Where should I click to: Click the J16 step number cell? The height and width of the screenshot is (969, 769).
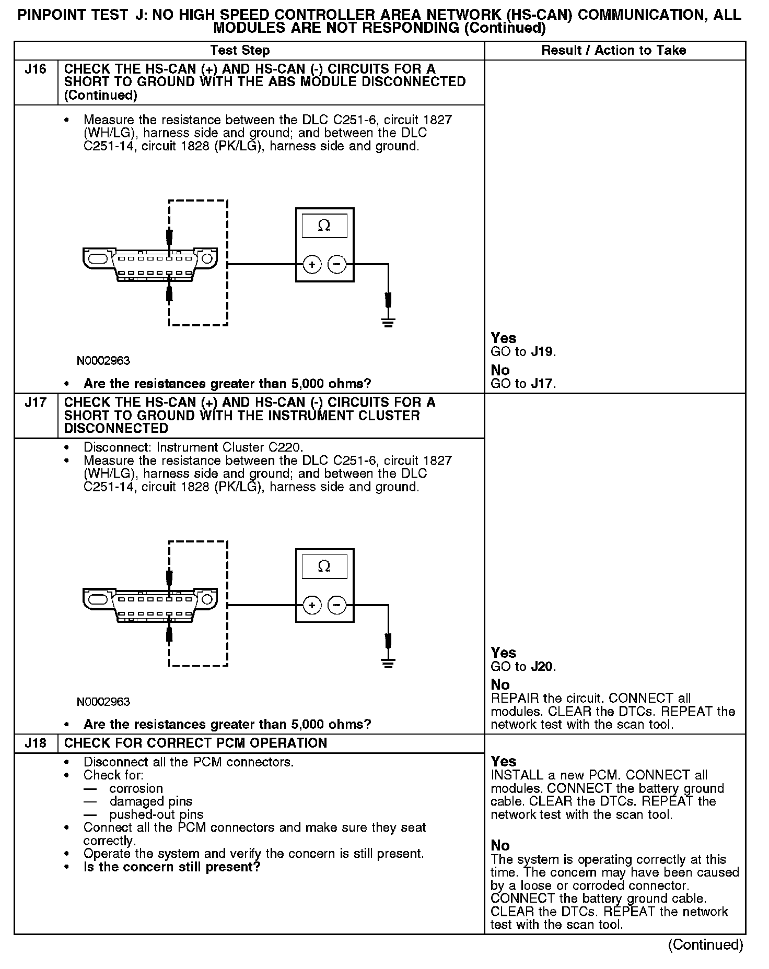coord(36,69)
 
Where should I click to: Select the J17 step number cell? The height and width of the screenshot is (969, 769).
coord(36,403)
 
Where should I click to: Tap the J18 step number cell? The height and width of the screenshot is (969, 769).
coord(36,743)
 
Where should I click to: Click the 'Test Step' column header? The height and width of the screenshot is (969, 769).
coord(240,51)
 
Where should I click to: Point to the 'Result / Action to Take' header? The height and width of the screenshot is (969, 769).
coord(613,51)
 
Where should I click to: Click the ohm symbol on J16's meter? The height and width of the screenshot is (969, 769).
coord(324,226)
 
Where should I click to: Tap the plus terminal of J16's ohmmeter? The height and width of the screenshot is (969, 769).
coord(312,265)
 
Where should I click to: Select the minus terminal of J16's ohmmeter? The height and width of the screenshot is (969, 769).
coord(337,265)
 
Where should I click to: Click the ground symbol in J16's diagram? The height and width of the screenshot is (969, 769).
coord(388,322)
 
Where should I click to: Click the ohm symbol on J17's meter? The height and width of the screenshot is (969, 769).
coord(324,566)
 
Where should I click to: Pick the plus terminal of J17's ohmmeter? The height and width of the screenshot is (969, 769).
coord(312,606)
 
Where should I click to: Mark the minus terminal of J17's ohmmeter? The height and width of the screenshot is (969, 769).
coord(337,606)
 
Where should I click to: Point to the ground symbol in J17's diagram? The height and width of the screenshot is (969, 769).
coord(388,663)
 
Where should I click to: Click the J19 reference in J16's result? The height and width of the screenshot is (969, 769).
coord(542,352)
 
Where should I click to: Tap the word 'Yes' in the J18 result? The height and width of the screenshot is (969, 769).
coord(504,761)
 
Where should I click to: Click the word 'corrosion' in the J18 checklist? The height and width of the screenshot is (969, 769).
coord(136,788)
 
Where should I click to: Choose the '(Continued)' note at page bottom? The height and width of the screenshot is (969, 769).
coord(705,944)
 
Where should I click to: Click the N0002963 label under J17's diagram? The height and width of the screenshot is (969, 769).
coord(103,702)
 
